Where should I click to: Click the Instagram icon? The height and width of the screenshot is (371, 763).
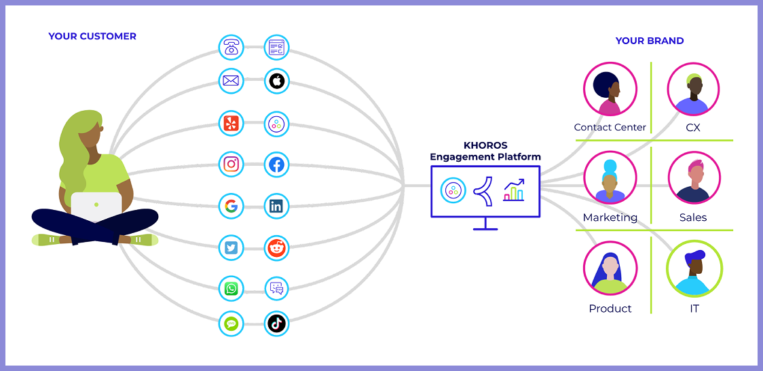[231, 164]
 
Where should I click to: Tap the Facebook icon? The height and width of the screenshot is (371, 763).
[276, 164]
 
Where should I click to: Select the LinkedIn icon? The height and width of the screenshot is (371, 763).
[276, 206]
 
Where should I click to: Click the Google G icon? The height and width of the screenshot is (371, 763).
[231, 206]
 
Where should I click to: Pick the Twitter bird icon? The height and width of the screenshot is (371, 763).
[231, 247]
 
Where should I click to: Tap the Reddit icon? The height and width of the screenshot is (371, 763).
[276, 247]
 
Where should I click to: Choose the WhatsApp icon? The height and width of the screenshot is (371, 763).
[231, 289]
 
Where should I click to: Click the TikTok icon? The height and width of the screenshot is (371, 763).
[276, 323]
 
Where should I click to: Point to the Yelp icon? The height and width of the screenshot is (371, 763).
[231, 124]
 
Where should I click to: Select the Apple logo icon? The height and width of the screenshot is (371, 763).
[276, 82]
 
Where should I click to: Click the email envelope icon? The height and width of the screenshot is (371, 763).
[231, 82]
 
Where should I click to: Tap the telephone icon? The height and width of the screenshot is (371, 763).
[231, 48]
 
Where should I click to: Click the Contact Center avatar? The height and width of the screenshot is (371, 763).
[610, 89]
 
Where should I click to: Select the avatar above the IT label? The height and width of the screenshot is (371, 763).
[694, 270]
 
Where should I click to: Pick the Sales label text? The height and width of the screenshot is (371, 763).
[693, 217]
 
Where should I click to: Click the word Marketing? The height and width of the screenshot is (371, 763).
[610, 217]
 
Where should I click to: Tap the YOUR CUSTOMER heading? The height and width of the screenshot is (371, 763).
[92, 36]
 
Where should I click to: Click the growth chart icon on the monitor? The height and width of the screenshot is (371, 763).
[514, 190]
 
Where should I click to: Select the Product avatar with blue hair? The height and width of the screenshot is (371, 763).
[610, 269]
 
